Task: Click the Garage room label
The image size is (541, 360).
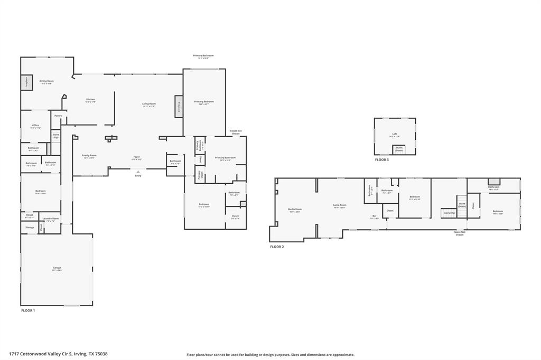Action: click(57, 268)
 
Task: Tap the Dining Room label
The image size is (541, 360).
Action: click(46, 82)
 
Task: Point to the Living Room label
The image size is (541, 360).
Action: click(148, 105)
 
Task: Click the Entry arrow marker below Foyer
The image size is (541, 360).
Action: click(138, 172)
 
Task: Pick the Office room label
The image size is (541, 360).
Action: click(35, 126)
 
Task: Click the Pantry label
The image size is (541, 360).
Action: click(58, 116)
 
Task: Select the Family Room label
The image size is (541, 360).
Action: click(89, 156)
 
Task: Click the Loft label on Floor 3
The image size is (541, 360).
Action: click(394, 135)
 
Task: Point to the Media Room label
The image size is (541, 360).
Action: click(294, 210)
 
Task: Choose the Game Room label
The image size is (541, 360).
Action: click(339, 206)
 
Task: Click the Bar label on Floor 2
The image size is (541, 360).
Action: click(374, 216)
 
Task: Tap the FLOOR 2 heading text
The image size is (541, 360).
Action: click(277, 247)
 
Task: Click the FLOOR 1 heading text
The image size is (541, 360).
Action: click(28, 310)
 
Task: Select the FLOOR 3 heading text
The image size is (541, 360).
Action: click(381, 159)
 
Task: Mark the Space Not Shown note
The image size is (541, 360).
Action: click(460, 233)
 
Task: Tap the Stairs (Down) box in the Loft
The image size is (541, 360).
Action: click(399, 149)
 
